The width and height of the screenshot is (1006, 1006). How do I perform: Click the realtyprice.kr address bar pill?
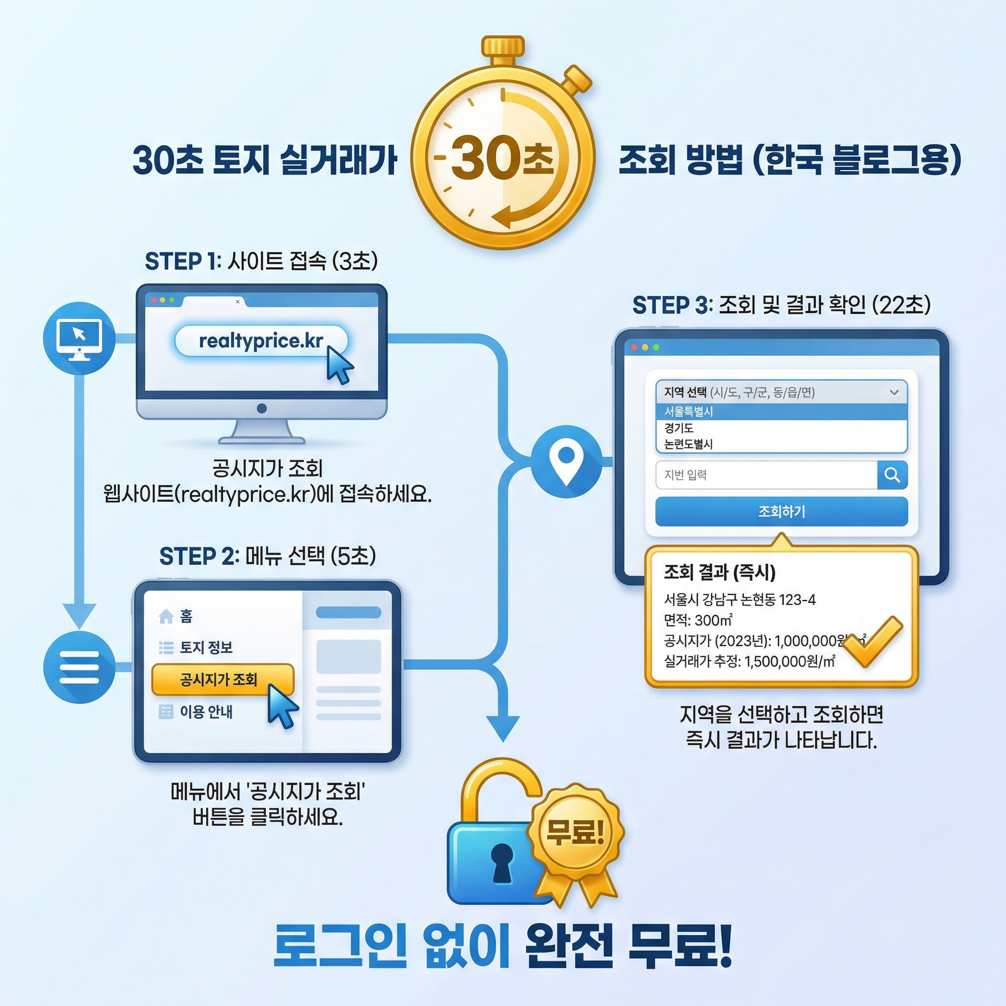point(260,341)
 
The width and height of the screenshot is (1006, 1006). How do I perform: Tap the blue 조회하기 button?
point(781,511)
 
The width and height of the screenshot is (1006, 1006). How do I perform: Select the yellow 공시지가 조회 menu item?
point(223,679)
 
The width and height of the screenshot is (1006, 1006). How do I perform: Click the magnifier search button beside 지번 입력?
point(892,475)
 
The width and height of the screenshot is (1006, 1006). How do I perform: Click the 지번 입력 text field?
point(766,475)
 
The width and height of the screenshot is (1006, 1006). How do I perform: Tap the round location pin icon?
point(566,461)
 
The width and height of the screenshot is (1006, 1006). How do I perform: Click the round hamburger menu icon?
point(79,667)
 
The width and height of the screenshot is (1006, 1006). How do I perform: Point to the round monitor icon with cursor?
point(79,338)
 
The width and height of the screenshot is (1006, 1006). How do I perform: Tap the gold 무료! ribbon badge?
point(575,832)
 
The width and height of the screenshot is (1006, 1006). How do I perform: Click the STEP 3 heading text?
point(781,305)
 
